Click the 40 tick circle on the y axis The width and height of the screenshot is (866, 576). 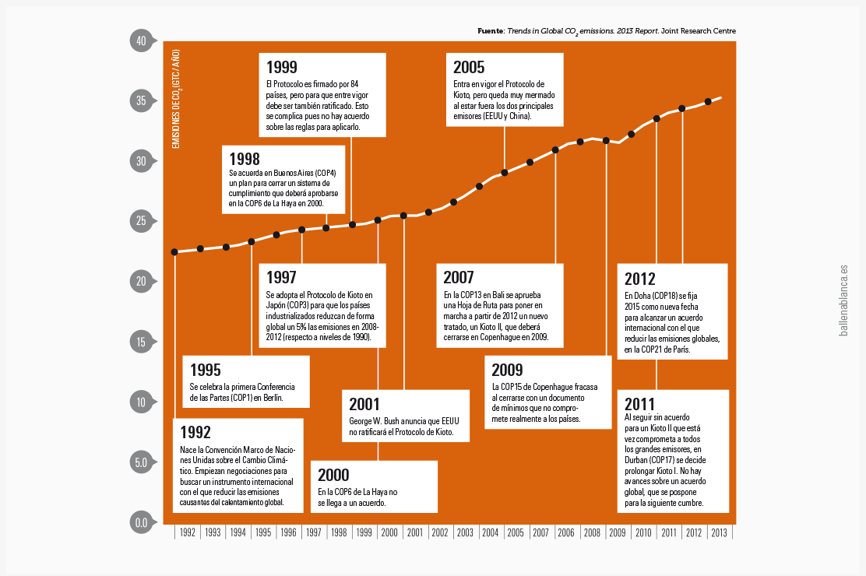tap(142, 41)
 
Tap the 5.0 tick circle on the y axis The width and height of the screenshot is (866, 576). tap(142, 462)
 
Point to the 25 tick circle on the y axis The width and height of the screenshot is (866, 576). tap(142, 222)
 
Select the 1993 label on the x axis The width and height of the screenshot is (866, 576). tap(213, 533)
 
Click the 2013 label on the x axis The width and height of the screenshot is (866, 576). tap(719, 533)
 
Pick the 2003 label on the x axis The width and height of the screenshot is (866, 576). tap(465, 533)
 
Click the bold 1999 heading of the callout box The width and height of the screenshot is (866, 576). tap(281, 68)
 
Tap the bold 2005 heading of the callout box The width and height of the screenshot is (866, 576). tap(469, 68)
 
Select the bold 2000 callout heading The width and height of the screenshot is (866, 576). tap(333, 476)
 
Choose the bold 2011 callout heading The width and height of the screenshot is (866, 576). tap(640, 405)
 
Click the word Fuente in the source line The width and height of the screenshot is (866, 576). tap(491, 31)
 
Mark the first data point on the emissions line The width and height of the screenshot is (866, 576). tap(174, 251)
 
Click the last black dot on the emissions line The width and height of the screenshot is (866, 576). tap(708, 101)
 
